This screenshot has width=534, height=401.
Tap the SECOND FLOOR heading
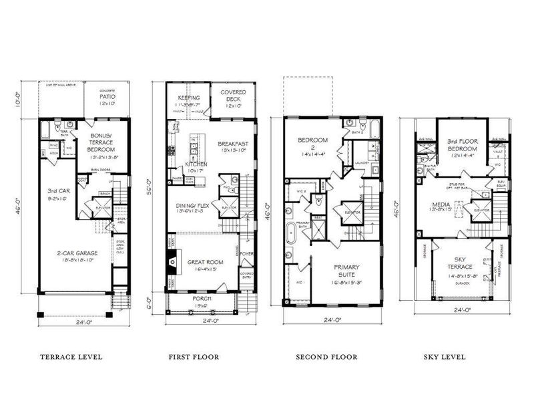click(x=326, y=357)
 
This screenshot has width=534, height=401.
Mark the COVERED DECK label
click(x=233, y=96)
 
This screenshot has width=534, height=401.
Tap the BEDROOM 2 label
click(x=311, y=143)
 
